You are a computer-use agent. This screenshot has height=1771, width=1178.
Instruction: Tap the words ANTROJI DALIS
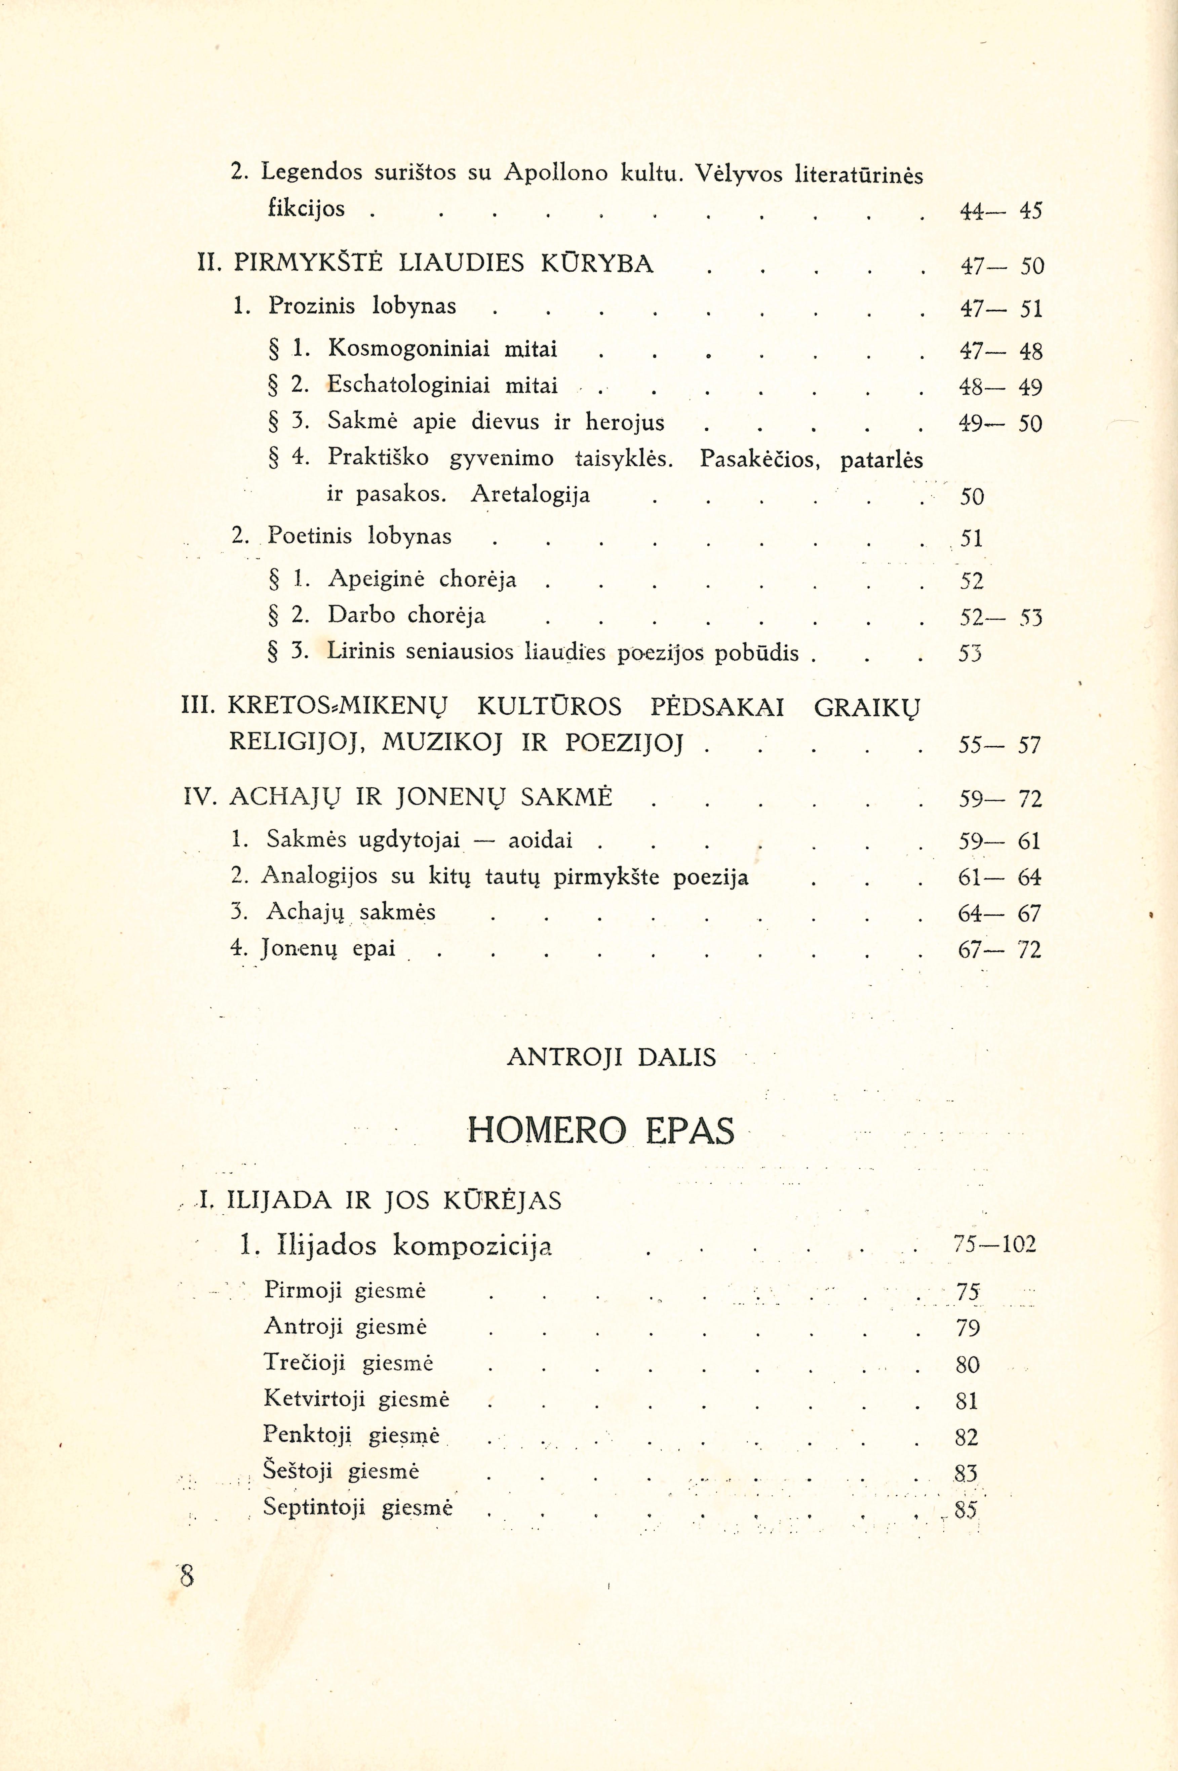tap(612, 1058)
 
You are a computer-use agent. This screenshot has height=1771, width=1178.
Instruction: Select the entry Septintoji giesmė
tap(358, 1507)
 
